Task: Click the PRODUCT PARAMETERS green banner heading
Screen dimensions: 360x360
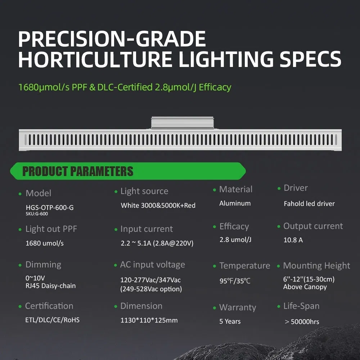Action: [x=78, y=171]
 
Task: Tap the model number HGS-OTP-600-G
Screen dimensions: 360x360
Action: [x=50, y=208]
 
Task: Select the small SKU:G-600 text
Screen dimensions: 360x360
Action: [x=37, y=214]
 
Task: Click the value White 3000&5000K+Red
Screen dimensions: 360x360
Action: [x=158, y=206]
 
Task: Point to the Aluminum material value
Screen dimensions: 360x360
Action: [x=235, y=203]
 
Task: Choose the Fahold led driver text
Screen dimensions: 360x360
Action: [x=309, y=204]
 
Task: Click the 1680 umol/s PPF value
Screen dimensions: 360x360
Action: [x=45, y=243]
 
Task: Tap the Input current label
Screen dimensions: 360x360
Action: [x=147, y=229]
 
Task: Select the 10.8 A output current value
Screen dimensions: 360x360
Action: [x=293, y=240]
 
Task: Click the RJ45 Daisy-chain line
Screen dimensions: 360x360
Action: [x=51, y=286]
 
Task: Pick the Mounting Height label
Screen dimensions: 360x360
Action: [x=316, y=266]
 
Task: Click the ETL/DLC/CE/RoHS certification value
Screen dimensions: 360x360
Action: [x=53, y=320]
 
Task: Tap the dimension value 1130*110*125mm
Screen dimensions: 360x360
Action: [x=149, y=320]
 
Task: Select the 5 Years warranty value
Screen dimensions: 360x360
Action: [x=230, y=321]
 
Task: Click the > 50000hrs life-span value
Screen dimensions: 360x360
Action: [x=302, y=322]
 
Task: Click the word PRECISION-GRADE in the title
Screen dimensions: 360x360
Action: [x=112, y=39]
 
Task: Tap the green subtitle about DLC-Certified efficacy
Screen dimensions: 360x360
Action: [x=125, y=87]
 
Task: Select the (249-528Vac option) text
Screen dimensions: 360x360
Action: [x=151, y=289]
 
